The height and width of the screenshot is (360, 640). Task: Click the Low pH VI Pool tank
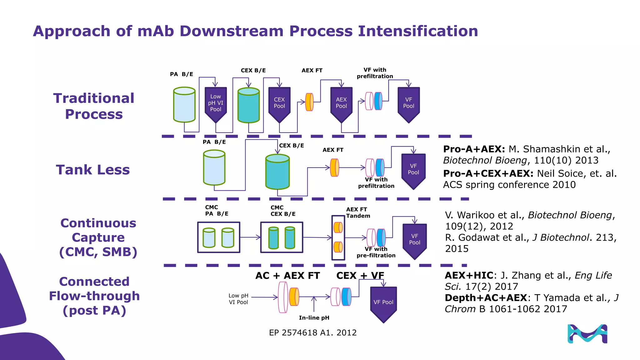216,103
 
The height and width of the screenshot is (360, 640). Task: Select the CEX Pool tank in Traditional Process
279,103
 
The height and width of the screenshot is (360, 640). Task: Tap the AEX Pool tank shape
341,103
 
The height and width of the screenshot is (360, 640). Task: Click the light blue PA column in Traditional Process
184,105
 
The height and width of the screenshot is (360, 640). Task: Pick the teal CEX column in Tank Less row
277,172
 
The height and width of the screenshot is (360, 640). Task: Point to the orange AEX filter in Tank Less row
334,168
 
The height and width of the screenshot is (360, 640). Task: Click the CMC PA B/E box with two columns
219,237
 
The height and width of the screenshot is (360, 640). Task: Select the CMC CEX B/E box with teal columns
282,237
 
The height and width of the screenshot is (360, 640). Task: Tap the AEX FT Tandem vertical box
338,237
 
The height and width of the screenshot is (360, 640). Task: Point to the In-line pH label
314,318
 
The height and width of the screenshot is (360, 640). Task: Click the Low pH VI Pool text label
238,299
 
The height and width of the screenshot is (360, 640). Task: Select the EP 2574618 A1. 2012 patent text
312,332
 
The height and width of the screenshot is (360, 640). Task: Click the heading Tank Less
93,170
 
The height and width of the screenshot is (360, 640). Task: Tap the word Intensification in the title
418,31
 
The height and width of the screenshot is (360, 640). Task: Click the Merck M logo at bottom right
587,334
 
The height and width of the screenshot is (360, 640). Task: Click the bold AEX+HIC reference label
469,275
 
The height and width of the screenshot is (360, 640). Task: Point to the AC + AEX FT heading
287,276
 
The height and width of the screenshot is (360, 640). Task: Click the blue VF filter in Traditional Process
378,101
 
